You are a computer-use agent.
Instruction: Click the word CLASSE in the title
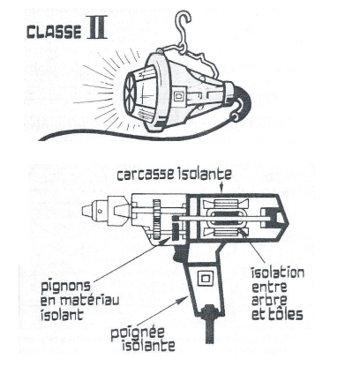click(54, 32)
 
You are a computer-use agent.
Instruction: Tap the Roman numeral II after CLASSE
click(97, 30)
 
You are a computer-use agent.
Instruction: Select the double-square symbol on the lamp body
click(178, 96)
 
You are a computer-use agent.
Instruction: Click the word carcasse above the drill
click(145, 175)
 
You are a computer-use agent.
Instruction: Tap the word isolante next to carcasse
click(203, 174)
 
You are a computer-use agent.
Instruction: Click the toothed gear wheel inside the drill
click(157, 219)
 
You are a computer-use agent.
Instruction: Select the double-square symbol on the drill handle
click(205, 278)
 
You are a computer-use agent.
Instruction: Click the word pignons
click(65, 287)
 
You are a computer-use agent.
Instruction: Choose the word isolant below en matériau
click(62, 315)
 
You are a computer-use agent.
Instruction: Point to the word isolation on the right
click(277, 273)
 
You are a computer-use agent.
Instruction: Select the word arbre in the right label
click(269, 301)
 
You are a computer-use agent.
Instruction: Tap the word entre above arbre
click(269, 287)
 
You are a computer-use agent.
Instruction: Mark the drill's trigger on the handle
click(179, 253)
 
